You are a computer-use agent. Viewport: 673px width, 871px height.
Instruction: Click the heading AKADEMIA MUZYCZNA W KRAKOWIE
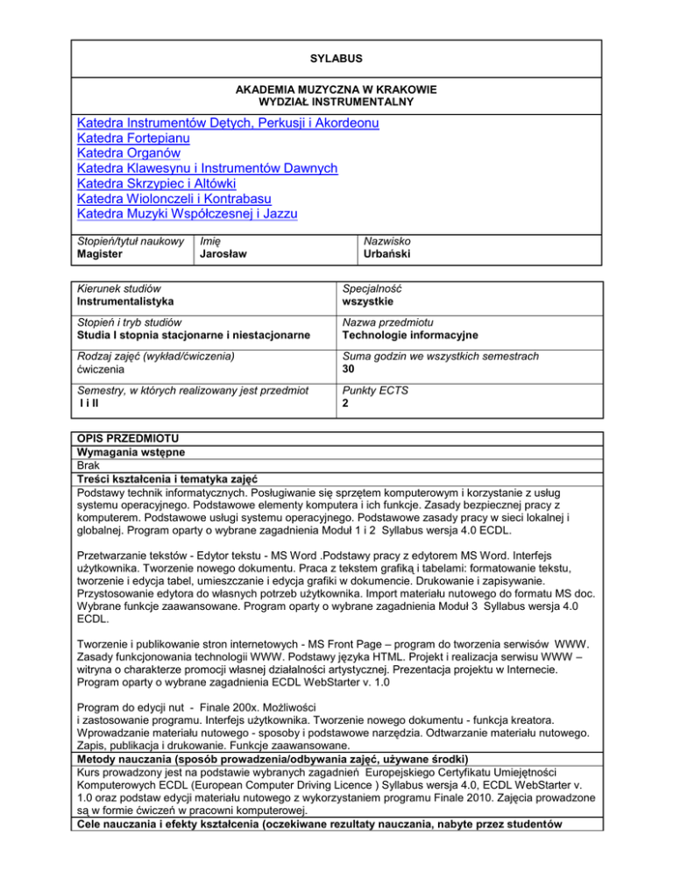point(336,90)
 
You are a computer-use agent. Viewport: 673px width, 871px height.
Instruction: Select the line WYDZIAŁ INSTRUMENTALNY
point(336,103)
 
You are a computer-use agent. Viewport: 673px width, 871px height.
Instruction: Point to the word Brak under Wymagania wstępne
point(90,465)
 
